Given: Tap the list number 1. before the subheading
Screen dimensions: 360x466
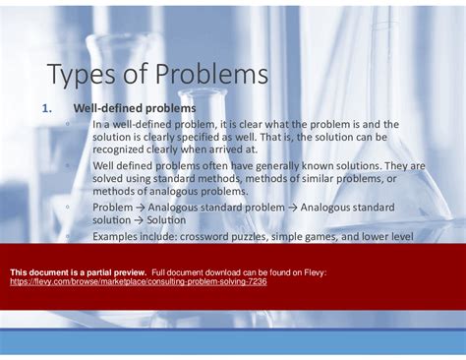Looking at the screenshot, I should (49, 107).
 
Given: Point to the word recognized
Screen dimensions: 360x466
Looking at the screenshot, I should (125, 150).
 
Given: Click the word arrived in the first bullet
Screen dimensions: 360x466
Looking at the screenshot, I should (229, 150).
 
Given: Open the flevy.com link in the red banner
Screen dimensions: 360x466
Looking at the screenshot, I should (138, 281).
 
